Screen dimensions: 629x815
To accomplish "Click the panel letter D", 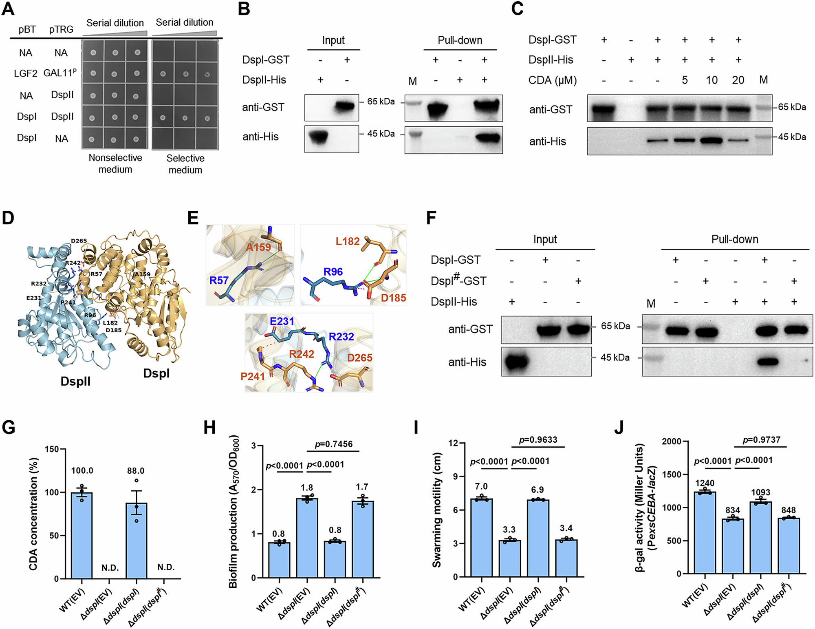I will coord(8,218).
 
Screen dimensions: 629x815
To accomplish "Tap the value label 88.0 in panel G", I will coord(136,471).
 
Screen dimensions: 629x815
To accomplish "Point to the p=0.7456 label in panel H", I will coord(334,444).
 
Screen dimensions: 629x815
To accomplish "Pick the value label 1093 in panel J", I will coord(760,492).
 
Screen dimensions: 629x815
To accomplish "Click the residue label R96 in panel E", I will coord(333,272).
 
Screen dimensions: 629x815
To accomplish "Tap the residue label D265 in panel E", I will coord(359,358).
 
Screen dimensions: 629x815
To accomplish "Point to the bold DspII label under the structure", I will coord(75,382).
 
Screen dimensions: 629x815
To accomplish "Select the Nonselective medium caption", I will coord(115,163).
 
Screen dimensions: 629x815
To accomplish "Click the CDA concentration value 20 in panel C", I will coord(738,80).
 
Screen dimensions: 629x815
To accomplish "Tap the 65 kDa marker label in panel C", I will coord(792,107).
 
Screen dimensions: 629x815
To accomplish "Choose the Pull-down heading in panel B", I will coord(460,40).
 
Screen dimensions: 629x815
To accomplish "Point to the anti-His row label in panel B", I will coord(260,137).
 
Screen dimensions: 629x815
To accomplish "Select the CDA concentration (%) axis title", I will coord(34,514).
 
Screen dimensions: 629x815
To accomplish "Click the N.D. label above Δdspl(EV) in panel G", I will coord(110,568).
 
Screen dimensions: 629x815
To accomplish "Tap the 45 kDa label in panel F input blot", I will coord(615,358).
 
